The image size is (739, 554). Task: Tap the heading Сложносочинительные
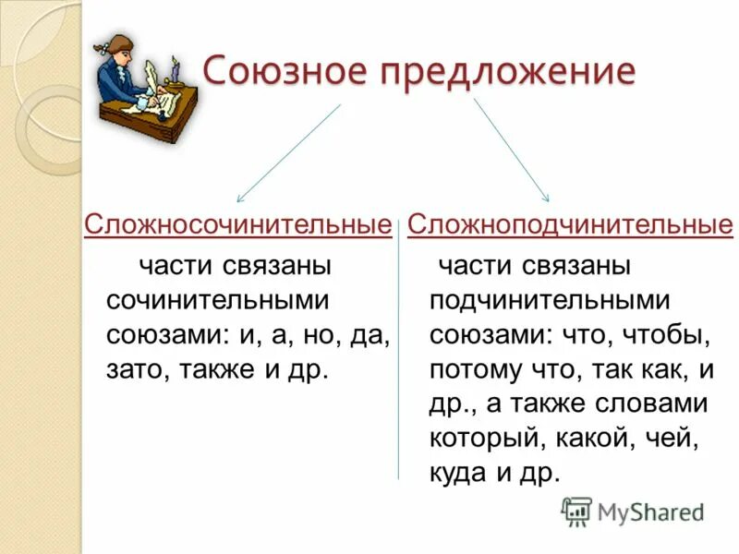[237, 224]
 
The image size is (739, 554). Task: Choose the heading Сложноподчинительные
[570, 224]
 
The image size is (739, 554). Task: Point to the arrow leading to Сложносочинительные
[287, 152]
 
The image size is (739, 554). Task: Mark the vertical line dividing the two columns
[399, 360]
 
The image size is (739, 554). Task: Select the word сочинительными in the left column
[217, 300]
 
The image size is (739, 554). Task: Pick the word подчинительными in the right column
[548, 300]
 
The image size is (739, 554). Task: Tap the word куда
[458, 472]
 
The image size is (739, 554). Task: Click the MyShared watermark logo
[634, 512]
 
